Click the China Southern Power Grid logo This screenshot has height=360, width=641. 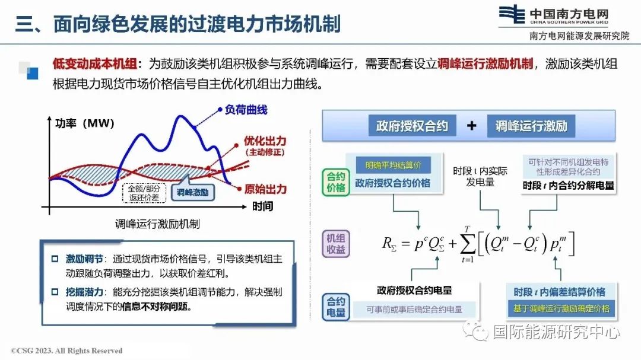tap(512, 14)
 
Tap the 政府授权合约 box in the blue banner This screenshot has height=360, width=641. tap(412, 126)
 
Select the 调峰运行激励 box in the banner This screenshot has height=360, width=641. tap(531, 126)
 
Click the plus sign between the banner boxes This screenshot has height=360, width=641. tap(471, 126)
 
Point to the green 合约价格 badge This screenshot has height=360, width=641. tap(335, 182)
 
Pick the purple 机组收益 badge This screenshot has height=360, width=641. tap(335, 244)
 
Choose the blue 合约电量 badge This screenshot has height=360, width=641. tap(335, 307)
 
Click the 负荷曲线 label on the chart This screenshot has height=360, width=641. tap(246, 110)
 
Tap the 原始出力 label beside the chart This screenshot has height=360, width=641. tap(265, 189)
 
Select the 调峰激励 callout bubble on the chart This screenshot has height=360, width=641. tap(192, 192)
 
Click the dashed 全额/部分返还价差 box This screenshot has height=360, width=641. tap(144, 193)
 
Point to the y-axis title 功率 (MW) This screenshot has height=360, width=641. tap(85, 123)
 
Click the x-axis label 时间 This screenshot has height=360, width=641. tap(262, 206)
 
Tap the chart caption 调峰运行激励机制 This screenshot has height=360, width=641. tap(157, 224)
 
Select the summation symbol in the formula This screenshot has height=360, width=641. tap(467, 244)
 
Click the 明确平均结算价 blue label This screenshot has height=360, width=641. tap(394, 165)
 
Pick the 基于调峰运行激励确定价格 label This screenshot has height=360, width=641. tap(561, 308)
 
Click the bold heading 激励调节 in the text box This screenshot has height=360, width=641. tap(84, 259)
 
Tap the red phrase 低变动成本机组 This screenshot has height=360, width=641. tap(95, 63)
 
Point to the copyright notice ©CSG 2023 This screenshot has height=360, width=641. tap(66, 351)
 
